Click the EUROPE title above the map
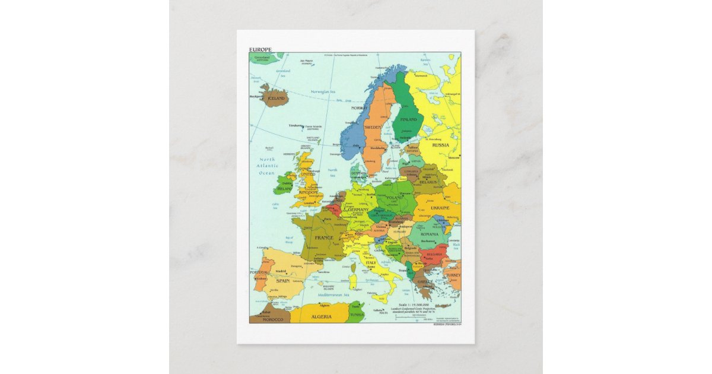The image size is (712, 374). click(260, 49)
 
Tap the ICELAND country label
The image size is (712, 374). click(276, 98)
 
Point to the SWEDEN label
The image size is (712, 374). click(373, 128)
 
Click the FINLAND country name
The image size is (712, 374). click(408, 119)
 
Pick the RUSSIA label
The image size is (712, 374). click(440, 145)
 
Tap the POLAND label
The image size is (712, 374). click(395, 198)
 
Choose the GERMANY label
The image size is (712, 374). click(358, 210)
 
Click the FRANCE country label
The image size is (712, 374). click(324, 237)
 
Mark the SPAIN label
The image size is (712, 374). click(282, 280)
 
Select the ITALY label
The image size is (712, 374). click(371, 262)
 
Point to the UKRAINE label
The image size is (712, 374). click(440, 208)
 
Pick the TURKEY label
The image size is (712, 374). click(453, 275)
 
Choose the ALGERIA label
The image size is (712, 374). click(321, 317)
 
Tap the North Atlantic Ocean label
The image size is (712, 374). click(268, 166)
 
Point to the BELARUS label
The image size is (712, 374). click(428, 182)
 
